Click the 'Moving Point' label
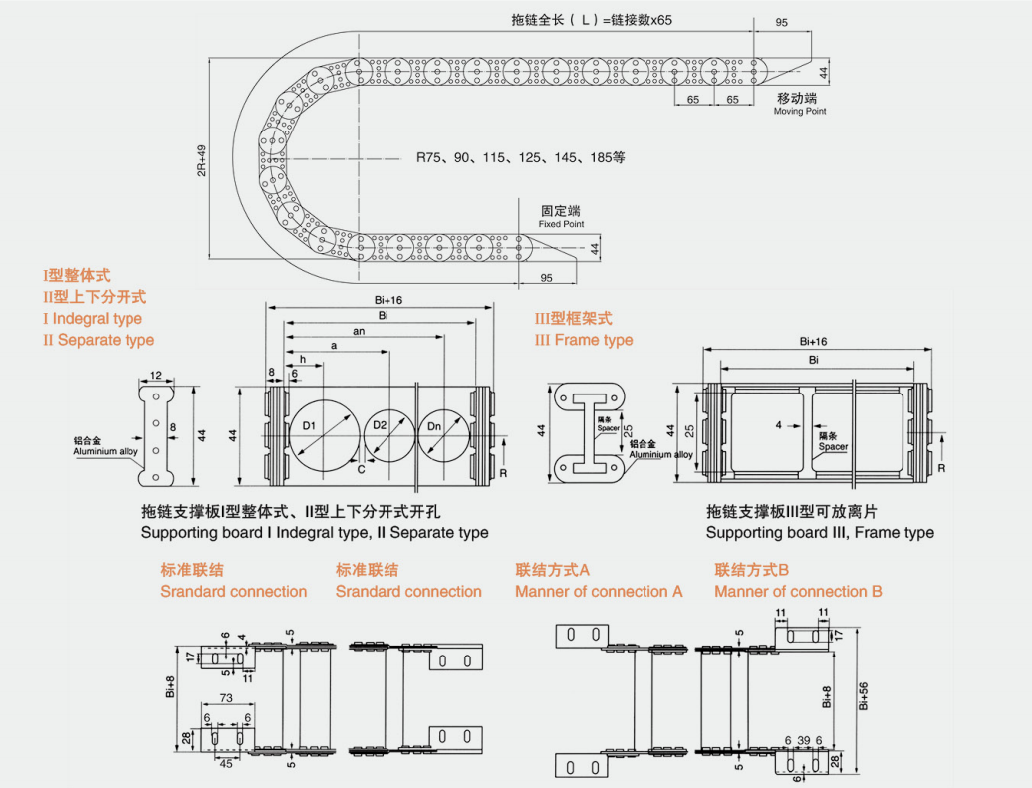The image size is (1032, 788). [x=800, y=111]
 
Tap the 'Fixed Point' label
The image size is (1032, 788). [x=561, y=224]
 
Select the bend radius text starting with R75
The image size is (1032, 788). [x=520, y=157]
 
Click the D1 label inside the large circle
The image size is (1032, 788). [x=309, y=427]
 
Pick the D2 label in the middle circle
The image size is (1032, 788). [x=380, y=426]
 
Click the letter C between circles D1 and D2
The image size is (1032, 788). [x=360, y=467]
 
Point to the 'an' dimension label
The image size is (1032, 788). [x=358, y=331]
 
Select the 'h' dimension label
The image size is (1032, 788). [x=302, y=359]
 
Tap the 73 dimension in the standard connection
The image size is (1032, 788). [x=226, y=700]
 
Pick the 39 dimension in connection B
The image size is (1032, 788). [x=803, y=740]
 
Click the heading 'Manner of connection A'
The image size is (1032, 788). [x=599, y=592]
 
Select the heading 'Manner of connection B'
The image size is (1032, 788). [x=798, y=592]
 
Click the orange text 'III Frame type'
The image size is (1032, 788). [x=584, y=340]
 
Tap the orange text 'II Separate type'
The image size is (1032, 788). [x=99, y=340]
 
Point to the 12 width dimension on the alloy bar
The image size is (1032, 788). [x=156, y=376]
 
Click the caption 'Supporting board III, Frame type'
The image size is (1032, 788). [x=820, y=532]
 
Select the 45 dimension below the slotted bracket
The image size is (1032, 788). [x=226, y=764]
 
